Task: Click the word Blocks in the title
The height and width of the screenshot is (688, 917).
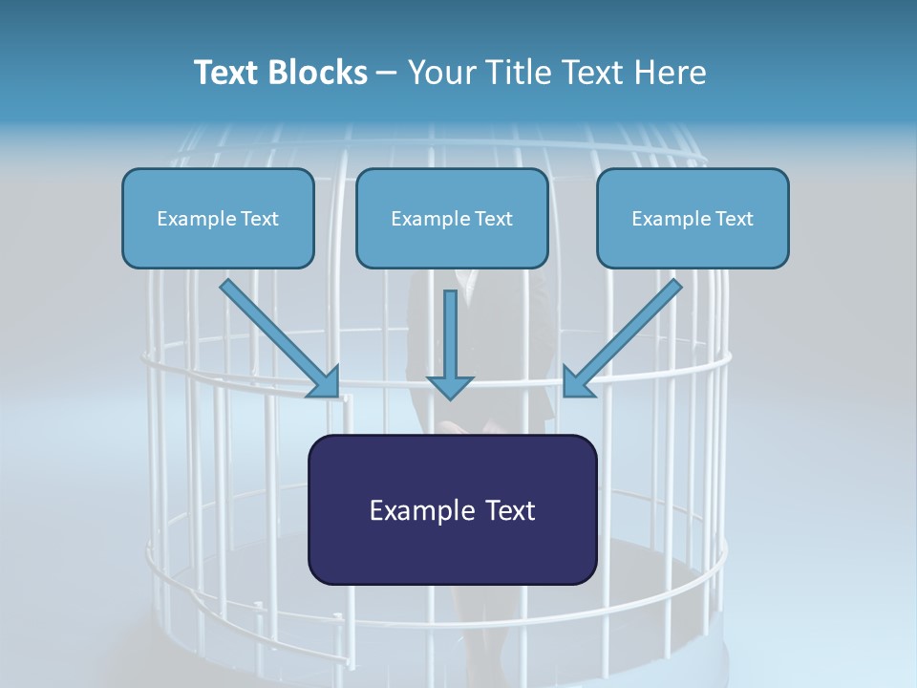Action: [x=318, y=73]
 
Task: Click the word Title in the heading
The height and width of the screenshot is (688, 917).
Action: [x=519, y=73]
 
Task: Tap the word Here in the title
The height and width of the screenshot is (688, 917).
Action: [x=671, y=73]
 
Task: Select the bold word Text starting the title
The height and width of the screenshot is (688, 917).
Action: [x=227, y=73]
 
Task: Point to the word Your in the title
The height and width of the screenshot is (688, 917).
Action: [x=444, y=73]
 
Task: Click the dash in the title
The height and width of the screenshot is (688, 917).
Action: [x=386, y=75]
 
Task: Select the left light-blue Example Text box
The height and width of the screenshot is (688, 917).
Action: [x=218, y=218]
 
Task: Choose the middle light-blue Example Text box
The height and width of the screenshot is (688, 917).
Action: [x=452, y=218]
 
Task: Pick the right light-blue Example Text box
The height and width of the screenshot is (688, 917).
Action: [x=693, y=218]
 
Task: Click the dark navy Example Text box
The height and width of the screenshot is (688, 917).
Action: [x=453, y=509]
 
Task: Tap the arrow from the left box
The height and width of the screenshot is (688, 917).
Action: [x=280, y=338]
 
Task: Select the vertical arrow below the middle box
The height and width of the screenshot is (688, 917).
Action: [x=450, y=345]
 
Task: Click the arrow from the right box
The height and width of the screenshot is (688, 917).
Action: [x=622, y=338]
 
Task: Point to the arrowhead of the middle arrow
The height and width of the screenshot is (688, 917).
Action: [x=450, y=387]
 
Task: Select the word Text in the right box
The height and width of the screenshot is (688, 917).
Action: [x=735, y=218]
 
